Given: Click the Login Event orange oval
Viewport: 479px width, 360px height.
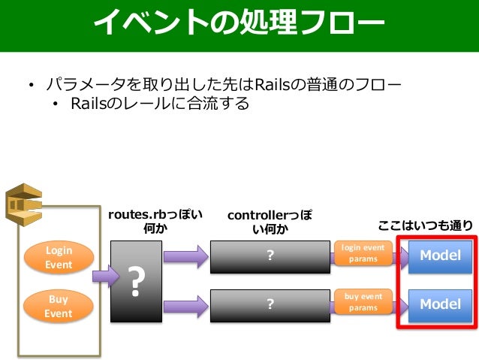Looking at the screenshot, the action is (59, 257).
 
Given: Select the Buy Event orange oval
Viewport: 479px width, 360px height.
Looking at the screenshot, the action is (59, 306).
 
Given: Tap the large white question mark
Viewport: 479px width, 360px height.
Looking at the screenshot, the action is (136, 281).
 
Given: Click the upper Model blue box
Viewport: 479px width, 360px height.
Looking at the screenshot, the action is (440, 256).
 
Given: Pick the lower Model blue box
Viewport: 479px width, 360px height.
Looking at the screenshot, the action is (440, 305).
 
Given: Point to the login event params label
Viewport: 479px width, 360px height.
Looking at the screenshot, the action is (363, 253).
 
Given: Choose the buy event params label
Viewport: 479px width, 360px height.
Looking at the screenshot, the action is (363, 302).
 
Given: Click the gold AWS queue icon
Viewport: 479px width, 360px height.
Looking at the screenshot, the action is (24, 204).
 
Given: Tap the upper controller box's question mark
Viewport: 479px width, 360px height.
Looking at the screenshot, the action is (270, 255).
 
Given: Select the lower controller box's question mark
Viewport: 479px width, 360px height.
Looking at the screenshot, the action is (270, 304).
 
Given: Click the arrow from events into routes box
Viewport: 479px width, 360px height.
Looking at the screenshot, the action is (106, 276).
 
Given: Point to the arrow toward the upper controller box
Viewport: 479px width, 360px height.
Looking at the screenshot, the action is (186, 256).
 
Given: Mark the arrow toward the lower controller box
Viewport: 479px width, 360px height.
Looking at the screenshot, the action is (186, 306).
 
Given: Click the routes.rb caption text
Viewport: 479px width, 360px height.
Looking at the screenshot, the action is (155, 221).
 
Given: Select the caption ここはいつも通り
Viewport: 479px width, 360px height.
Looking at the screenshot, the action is (425, 225).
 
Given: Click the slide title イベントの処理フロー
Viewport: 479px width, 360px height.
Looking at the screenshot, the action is (239, 22).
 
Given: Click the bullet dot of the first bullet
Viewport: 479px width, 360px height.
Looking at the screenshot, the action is (31, 84).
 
